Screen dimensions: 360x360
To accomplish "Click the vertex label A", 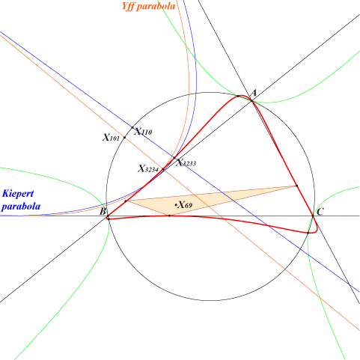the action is pyautogui.click(x=254, y=94).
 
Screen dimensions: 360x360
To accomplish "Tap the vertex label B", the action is pyautogui.click(x=103, y=212).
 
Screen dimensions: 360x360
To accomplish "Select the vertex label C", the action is pyautogui.click(x=320, y=212).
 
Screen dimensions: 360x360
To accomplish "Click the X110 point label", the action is pyautogui.click(x=143, y=132).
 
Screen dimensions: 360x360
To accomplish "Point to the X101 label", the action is pyautogui.click(x=111, y=137).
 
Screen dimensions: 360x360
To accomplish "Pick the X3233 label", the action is pyautogui.click(x=186, y=162).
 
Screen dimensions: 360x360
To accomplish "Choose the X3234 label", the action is pyautogui.click(x=148, y=168).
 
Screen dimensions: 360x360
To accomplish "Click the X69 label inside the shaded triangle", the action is pyautogui.click(x=185, y=205).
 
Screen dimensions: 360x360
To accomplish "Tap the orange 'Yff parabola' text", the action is pyautogui.click(x=148, y=6).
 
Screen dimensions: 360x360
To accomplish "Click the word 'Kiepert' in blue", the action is pyautogui.click(x=18, y=193).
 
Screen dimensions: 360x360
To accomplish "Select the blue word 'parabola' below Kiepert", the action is pyautogui.click(x=21, y=207).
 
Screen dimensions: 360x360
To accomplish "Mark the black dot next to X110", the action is pyautogui.click(x=132, y=127).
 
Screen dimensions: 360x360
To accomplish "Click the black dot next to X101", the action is pyautogui.click(x=124, y=138).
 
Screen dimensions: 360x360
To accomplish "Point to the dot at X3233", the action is pyautogui.click(x=174, y=158).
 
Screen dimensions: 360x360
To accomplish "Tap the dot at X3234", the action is pyautogui.click(x=163, y=169).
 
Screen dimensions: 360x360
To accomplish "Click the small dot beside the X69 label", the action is pyautogui.click(x=176, y=205).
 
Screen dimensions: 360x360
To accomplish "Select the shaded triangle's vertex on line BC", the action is pyautogui.click(x=170, y=216).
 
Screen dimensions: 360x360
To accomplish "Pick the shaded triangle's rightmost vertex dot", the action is pyautogui.click(x=296, y=186).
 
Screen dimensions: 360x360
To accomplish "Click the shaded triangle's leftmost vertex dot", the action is pyautogui.click(x=126, y=201).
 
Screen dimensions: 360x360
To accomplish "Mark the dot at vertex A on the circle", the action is pyautogui.click(x=251, y=100).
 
